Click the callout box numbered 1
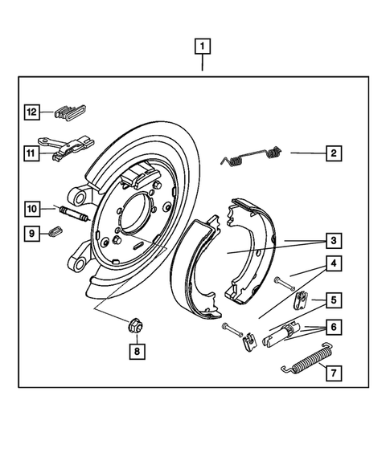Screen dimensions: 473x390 202,46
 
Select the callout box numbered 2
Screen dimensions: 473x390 330,153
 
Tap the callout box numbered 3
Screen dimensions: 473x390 330,240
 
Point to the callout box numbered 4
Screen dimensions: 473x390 330,263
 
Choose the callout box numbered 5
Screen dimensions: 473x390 330,301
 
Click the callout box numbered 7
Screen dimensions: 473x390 330,372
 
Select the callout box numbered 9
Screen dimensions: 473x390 31,234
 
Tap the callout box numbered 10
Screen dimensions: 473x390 31,210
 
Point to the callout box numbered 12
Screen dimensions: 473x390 31,112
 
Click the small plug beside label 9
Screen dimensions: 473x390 55,234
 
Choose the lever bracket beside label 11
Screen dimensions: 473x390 72,148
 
